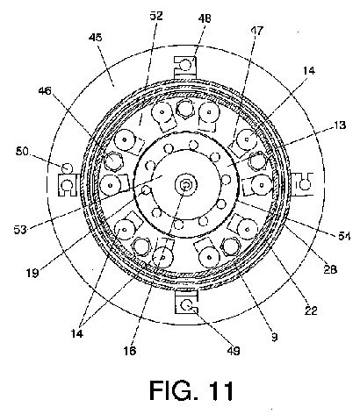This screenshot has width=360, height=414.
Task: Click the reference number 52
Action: [156, 16]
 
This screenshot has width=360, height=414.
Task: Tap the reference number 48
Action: [205, 19]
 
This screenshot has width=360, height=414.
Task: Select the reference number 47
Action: [256, 31]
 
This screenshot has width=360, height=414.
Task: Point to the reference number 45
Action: [96, 38]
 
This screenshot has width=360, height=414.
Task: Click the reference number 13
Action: [339, 125]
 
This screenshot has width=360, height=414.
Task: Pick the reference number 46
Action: [45, 91]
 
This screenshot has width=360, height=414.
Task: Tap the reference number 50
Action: [22, 152]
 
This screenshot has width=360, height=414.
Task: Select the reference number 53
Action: [20, 230]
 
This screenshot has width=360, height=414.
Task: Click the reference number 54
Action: [344, 236]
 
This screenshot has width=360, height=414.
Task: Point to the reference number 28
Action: [330, 269]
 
